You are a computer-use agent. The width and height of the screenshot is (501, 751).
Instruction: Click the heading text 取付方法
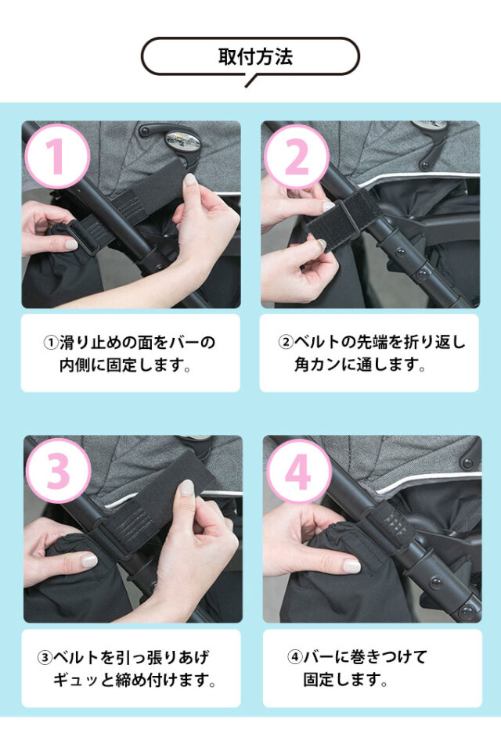250,57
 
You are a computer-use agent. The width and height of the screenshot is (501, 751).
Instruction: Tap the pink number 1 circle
56,156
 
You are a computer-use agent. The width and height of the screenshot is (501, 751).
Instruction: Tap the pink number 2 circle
295,157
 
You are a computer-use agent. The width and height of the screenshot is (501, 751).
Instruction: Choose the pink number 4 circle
299,471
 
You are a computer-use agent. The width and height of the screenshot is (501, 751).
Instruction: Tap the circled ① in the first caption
50,343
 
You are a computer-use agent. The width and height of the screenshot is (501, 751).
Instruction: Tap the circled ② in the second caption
286,343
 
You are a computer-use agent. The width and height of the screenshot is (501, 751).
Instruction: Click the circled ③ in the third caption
45,657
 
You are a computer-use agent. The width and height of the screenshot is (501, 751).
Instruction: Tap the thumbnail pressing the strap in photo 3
186,487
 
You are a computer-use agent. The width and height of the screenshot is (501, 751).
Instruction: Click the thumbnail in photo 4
351,566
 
